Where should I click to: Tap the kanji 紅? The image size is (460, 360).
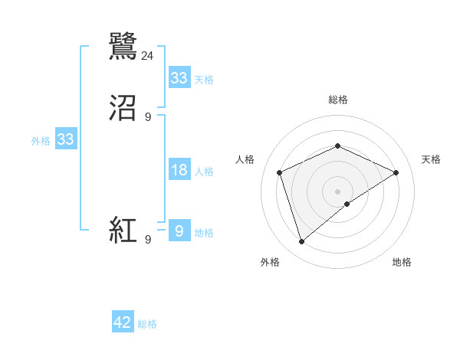tap(123, 231)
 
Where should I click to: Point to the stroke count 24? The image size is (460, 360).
tap(148, 55)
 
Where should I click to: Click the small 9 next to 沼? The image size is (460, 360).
tap(148, 117)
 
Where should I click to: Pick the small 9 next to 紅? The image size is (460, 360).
tap(148, 240)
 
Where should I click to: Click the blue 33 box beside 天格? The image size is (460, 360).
tap(179, 78)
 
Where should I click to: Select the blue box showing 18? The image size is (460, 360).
tap(179, 170)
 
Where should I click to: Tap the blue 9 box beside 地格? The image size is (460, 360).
tap(179, 231)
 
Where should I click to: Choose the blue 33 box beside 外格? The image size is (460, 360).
tap(65, 140)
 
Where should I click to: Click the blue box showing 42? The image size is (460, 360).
tap(123, 322)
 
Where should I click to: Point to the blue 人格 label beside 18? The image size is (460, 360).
tap(204, 172)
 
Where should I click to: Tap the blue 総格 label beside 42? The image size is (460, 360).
tap(147, 324)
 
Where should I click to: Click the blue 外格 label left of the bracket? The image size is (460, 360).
tap(40, 141)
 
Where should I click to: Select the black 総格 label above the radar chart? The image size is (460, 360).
tap(337, 100)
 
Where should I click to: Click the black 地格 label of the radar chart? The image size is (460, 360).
tap(402, 262)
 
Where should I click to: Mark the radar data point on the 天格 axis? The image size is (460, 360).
tap(396, 172)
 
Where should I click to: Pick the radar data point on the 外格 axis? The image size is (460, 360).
tap(301, 242)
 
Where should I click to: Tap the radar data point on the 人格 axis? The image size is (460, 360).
tap(279, 172)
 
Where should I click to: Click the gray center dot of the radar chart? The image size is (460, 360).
tap(337, 191)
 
